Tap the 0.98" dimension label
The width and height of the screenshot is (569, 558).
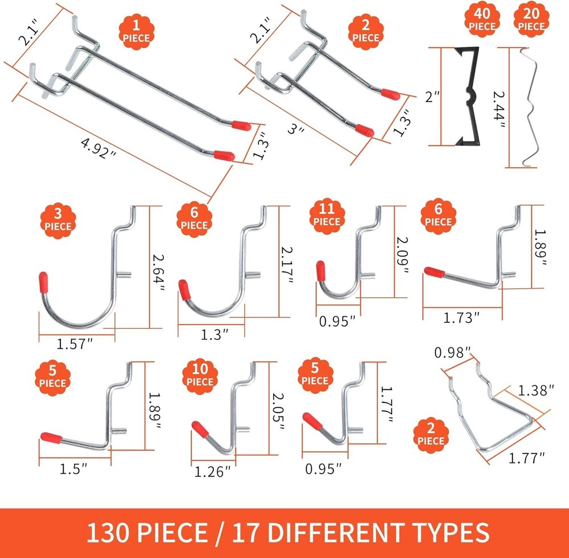point(452,352)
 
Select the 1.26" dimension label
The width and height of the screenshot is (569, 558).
point(213,471)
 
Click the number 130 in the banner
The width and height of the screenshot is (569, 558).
point(109,533)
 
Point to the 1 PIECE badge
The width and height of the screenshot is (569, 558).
point(135,32)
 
